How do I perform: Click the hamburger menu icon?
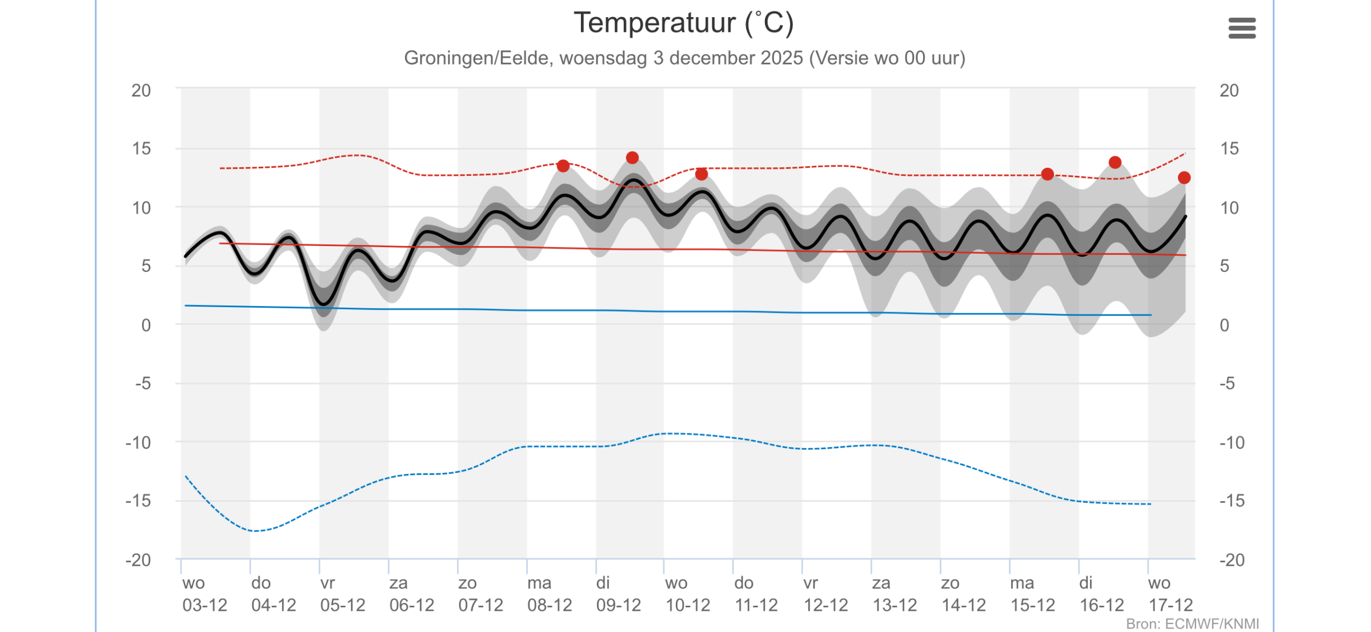(1242, 28)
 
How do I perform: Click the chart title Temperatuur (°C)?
(684, 23)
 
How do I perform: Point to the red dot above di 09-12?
(632, 158)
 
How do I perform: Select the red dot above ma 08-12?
(563, 166)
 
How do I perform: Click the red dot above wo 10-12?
(701, 174)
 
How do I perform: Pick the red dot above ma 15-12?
(1047, 174)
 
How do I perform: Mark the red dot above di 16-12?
(1115, 163)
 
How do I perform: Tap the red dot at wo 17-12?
(1184, 178)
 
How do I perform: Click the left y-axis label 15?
(142, 149)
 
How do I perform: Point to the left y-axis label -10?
(138, 442)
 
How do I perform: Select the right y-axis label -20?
(1232, 560)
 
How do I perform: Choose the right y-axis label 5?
(1225, 266)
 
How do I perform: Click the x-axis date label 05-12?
(343, 605)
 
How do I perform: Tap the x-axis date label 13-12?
(895, 605)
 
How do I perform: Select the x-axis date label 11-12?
(757, 605)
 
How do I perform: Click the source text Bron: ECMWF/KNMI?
(1193, 624)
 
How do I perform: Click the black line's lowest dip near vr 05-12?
(324, 304)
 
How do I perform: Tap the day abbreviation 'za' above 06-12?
(399, 583)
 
